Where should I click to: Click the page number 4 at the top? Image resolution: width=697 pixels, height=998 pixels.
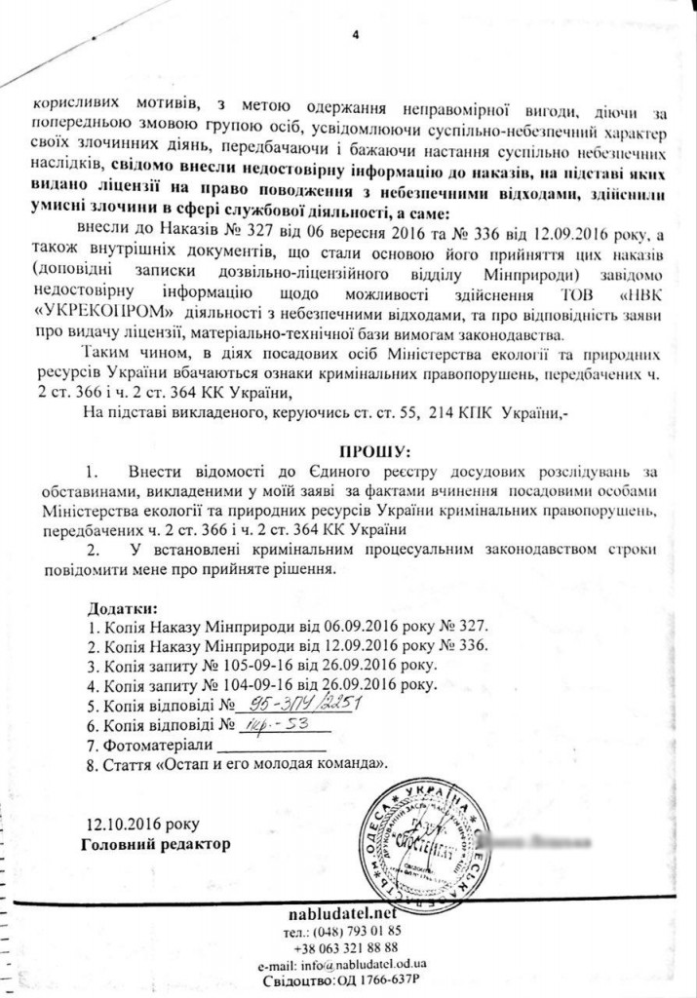point(356,36)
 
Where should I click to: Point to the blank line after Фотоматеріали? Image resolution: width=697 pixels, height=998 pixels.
point(268,747)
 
